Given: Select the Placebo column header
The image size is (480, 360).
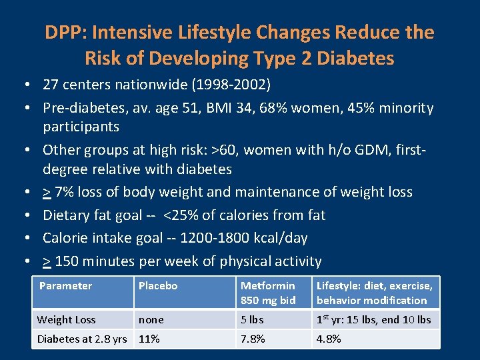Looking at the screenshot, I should click(158, 286).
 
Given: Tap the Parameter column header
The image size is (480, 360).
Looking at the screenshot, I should click(65, 286).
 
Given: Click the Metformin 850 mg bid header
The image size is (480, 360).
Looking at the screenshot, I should click(268, 293).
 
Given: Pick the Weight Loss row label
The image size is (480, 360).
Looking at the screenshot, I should click(66, 320).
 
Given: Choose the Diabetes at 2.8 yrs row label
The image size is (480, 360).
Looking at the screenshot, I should click(82, 339).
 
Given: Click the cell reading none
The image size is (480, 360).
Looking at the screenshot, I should click(151, 320).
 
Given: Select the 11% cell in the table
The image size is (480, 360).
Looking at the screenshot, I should click(149, 339).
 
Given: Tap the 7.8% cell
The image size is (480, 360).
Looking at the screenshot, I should click(253, 339).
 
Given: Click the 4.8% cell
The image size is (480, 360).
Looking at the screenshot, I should click(329, 339).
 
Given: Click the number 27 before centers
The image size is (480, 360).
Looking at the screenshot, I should click(51, 85).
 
